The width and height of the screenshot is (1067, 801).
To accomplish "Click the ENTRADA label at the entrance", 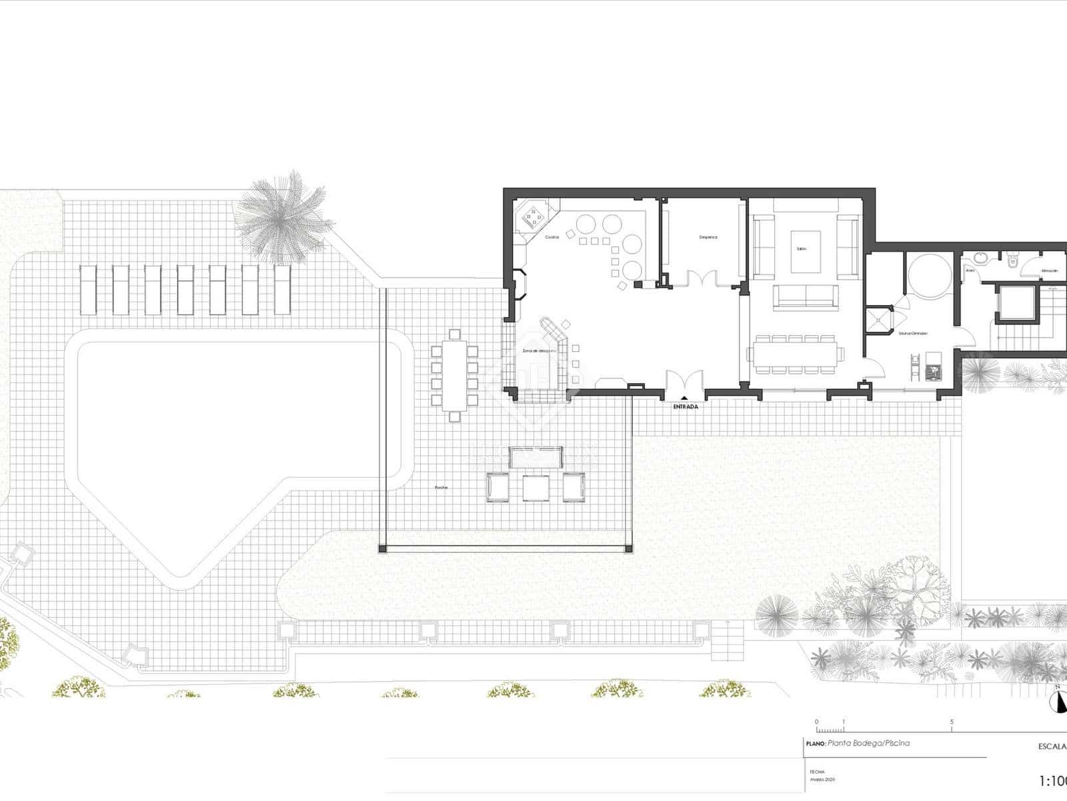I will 686,407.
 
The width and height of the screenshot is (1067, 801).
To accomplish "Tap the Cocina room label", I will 552,237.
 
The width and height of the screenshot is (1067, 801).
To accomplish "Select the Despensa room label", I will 708,237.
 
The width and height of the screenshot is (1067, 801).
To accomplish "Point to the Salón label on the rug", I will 802,248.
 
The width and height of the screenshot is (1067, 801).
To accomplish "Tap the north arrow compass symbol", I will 1057,701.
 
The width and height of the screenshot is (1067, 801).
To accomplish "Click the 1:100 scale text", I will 1054,780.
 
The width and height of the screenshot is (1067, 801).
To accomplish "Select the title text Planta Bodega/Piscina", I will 868,743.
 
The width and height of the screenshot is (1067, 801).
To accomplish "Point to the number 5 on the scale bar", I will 952,722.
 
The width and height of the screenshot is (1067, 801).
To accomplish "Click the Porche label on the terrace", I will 441,487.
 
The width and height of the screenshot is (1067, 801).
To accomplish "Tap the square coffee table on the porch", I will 536,488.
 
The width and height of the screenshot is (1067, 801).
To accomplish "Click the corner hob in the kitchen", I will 531,216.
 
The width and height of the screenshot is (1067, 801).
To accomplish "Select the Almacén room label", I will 1049,270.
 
